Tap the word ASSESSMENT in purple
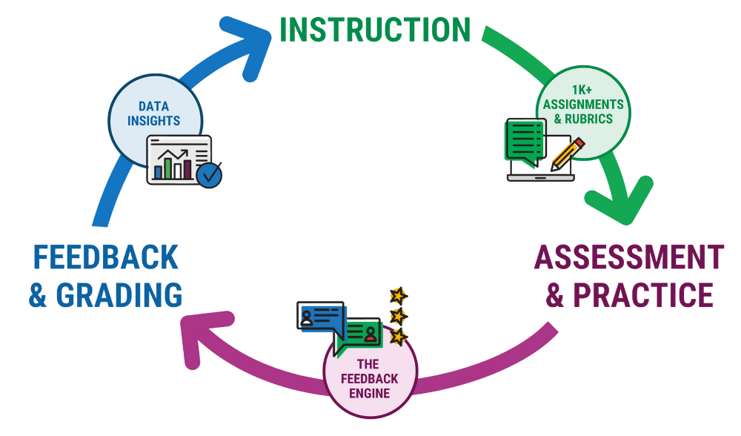coord(628,258)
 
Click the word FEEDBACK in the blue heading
coord(105,258)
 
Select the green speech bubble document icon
coord(524,140)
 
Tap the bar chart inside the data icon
coord(173,165)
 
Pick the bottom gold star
coord(399,337)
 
